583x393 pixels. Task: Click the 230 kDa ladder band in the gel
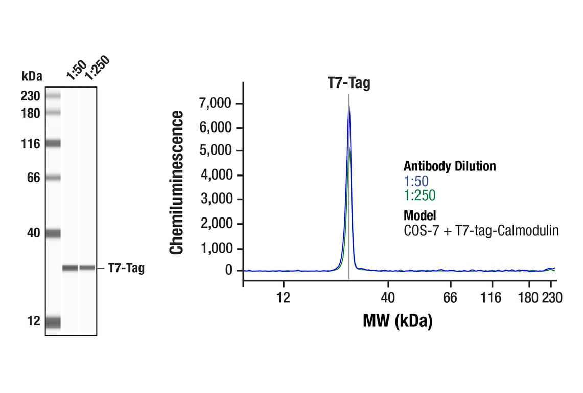53,95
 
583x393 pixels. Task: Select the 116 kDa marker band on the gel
53,144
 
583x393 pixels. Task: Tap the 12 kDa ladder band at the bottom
53,322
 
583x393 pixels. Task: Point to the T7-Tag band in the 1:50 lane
70,268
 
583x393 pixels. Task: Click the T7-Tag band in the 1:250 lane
87,268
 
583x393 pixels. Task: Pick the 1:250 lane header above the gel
97,68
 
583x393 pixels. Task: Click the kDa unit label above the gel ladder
32,76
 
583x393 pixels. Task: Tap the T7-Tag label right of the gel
126,268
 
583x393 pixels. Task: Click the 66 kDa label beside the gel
33,178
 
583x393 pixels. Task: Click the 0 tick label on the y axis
229,270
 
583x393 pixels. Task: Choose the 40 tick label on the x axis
388,298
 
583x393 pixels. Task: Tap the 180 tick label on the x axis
529,298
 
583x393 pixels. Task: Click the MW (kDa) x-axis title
398,321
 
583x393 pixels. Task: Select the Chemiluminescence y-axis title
177,183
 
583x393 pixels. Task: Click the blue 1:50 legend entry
416,181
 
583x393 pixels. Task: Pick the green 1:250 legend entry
419,195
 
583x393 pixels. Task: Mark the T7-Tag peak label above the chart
348,83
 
